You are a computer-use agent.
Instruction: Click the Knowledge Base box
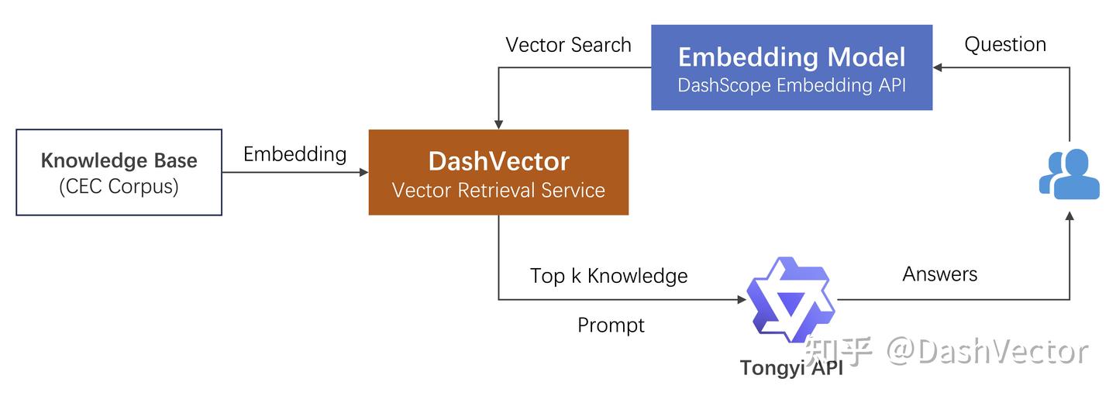pos(119,172)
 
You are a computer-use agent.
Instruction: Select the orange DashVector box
pos(498,172)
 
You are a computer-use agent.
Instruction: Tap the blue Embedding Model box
pos(791,67)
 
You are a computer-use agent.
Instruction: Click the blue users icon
pos(1069,173)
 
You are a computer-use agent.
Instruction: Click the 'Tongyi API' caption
pos(790,367)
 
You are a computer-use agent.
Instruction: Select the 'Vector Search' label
pos(568,45)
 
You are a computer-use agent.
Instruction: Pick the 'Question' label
pos(1004,44)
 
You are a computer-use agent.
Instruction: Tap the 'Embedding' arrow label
pos(294,154)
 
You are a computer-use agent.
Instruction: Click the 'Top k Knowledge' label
pos(608,276)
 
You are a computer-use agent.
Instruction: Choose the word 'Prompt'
pos(611,325)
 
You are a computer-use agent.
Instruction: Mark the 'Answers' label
pos(939,274)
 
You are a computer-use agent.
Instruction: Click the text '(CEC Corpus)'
pos(119,187)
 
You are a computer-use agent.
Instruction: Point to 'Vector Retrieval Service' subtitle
pos(498,190)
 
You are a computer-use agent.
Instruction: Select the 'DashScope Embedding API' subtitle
pos(791,85)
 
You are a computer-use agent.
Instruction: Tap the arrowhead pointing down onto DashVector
pos(498,124)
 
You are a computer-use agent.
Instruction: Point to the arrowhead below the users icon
pos(1069,220)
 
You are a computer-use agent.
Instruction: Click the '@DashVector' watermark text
pos(987,351)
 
